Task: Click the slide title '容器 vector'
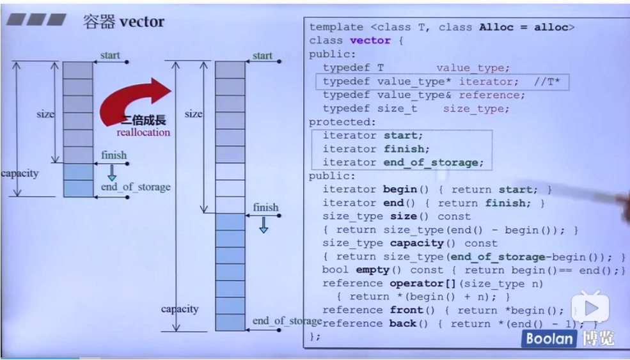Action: point(123,21)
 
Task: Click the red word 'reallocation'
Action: point(143,132)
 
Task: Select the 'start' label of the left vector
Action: point(110,56)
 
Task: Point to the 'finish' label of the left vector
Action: point(114,155)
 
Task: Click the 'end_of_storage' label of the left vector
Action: point(136,187)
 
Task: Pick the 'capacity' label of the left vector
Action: point(19,173)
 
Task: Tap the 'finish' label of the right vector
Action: point(265,207)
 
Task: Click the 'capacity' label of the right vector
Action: point(180,309)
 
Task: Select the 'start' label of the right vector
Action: point(262,56)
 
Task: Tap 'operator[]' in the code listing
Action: point(420,283)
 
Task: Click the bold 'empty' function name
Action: point(372,270)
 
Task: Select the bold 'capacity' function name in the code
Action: point(417,243)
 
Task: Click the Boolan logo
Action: point(549,338)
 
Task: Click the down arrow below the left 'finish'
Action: point(111,172)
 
